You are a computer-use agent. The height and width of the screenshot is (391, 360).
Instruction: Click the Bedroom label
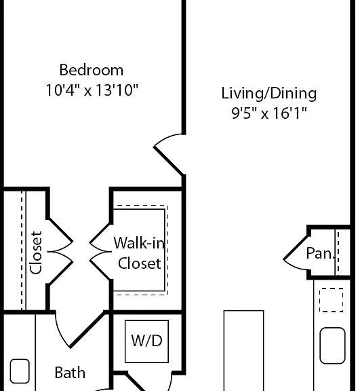click(x=92, y=70)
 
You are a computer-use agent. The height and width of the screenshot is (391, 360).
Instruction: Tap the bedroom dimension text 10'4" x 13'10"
click(x=92, y=90)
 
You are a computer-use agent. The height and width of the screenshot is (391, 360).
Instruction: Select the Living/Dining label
click(x=269, y=94)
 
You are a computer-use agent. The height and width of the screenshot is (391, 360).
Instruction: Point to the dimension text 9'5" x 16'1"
click(x=269, y=113)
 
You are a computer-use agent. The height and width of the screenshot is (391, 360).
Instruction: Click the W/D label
click(x=146, y=341)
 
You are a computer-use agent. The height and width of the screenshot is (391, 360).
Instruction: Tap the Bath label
click(x=70, y=373)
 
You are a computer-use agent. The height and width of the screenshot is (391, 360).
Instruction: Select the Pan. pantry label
click(x=320, y=253)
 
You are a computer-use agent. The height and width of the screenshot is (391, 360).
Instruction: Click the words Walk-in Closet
click(x=140, y=253)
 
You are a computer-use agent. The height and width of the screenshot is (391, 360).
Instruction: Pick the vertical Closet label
click(x=36, y=253)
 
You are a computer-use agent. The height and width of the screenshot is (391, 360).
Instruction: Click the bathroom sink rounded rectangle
click(x=20, y=371)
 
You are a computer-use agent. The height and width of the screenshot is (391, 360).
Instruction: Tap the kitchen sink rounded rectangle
click(x=332, y=346)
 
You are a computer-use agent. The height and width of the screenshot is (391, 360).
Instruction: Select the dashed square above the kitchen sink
click(x=331, y=300)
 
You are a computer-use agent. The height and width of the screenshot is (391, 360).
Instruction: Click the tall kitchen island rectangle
click(x=244, y=350)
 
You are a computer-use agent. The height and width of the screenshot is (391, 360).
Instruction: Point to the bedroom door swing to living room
click(x=167, y=160)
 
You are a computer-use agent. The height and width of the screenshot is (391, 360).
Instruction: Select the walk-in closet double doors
click(x=99, y=252)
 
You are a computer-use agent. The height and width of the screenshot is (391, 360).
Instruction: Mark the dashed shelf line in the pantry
click(x=338, y=253)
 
